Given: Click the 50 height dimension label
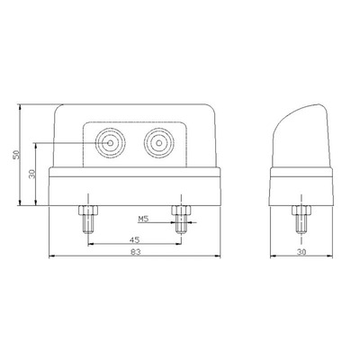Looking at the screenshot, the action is pyautogui.click(x=18, y=154).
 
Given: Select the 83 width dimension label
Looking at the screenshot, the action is pyautogui.click(x=136, y=252).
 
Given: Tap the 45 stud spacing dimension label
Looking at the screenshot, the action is pyautogui.click(x=135, y=239).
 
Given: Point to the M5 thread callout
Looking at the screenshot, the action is pyautogui.click(x=144, y=220).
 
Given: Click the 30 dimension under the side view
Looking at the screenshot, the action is pyautogui.click(x=301, y=252).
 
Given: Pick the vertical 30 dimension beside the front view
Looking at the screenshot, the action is pyautogui.click(x=32, y=174).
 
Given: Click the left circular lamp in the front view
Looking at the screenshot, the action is pyautogui.click(x=110, y=143).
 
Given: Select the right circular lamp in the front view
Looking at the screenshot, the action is pyautogui.click(x=158, y=143).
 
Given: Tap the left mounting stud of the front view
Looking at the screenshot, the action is pyautogui.click(x=88, y=220).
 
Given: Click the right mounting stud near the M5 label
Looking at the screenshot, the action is pyautogui.click(x=181, y=220).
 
